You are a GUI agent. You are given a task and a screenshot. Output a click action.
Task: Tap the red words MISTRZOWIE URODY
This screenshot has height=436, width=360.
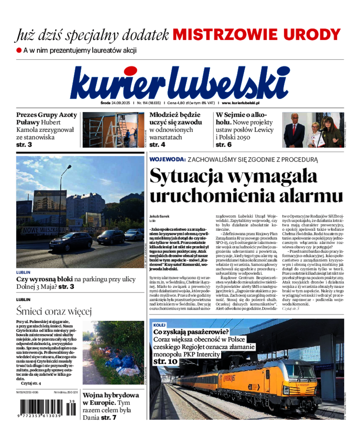point(257,35)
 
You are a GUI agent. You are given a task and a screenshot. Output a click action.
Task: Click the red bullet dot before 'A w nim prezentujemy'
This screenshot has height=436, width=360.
point(19,50)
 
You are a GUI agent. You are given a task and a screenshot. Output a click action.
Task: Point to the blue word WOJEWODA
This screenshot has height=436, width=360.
point(167,159)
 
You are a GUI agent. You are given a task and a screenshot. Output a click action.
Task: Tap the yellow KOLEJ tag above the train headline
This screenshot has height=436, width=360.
point(159,324)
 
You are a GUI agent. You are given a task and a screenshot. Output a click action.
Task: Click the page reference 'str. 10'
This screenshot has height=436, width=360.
point(165,361)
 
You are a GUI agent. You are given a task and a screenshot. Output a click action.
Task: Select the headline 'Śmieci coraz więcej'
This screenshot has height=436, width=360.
point(54,311)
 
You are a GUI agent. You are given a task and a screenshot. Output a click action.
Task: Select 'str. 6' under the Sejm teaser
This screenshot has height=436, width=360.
point(224,144)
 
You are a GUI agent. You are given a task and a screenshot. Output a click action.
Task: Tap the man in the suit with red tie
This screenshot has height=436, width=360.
point(294,131)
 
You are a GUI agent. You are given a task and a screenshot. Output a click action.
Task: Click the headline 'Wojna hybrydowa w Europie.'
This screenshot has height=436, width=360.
point(111,398)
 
